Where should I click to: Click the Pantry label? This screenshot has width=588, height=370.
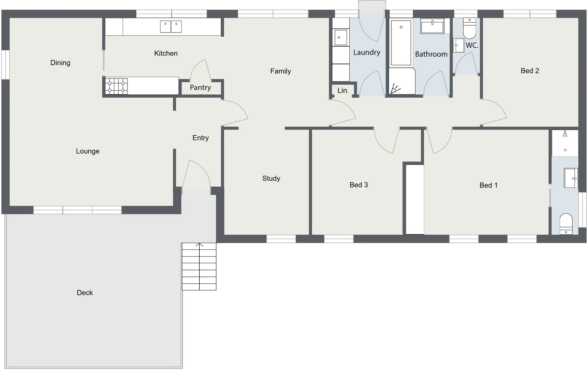click(x=200, y=88)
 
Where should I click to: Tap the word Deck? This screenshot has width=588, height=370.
click(x=85, y=293)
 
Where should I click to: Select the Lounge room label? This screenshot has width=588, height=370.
click(x=88, y=151)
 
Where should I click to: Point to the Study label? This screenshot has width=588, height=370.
click(x=271, y=178)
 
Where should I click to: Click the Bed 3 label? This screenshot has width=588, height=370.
click(x=359, y=185)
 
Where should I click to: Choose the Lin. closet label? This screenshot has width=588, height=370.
click(x=342, y=90)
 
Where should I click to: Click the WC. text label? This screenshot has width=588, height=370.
click(x=472, y=45)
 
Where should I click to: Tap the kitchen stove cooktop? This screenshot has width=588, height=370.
click(x=116, y=86)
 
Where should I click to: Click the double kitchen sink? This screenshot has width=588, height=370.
click(x=171, y=26)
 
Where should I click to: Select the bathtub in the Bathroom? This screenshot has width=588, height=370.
click(x=401, y=42)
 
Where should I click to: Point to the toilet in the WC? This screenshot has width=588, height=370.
click(x=470, y=29)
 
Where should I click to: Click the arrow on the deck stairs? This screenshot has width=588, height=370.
click(x=199, y=245)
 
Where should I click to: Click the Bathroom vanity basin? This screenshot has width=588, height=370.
click(x=433, y=26)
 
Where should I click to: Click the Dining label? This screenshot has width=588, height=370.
click(x=60, y=63)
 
